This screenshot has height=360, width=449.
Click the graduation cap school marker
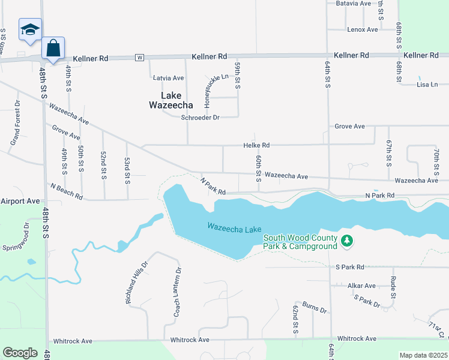click(30, 29)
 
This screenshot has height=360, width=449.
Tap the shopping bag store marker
click(53, 47)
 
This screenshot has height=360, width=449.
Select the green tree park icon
click(346, 241)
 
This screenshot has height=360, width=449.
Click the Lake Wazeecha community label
click(171, 100)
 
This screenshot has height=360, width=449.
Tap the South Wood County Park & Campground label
click(300, 242)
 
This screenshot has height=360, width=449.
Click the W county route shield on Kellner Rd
click(140, 58)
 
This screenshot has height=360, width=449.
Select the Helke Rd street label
click(256, 145)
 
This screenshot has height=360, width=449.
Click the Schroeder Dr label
click(200, 118)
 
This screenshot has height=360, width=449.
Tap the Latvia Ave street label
click(169, 78)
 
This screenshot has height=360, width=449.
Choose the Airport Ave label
click(20, 201)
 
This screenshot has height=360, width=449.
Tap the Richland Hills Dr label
click(136, 281)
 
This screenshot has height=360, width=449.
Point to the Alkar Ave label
click(361, 286)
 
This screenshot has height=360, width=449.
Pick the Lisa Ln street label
click(427, 85)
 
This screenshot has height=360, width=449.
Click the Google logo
click(20, 352)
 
